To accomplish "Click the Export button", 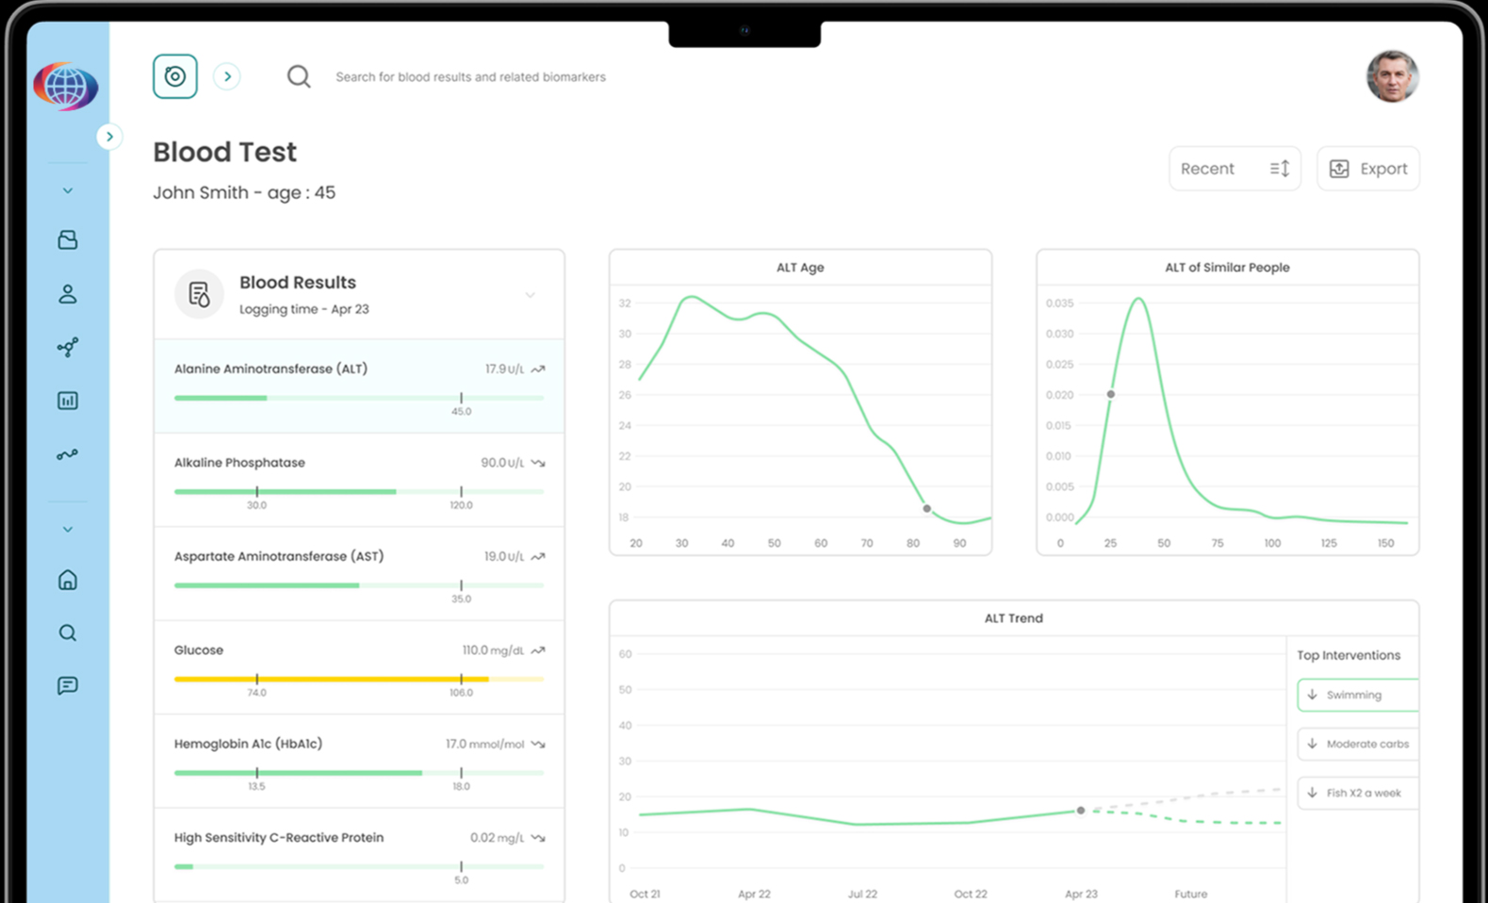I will click(1367, 169).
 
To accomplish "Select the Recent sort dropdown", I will click(1234, 169).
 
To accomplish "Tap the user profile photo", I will click(1392, 76).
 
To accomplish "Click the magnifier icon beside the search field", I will click(299, 76).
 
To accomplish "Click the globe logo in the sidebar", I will click(65, 87).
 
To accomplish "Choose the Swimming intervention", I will click(1357, 695).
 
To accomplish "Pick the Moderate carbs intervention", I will click(1357, 744).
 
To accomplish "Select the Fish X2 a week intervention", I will click(1357, 793).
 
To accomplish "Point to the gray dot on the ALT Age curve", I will click(927, 509).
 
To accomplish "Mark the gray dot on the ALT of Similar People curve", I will click(1111, 394).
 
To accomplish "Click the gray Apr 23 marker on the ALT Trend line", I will click(1081, 811).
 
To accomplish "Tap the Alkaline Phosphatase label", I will click(239, 463).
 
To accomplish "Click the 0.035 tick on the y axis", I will click(1059, 304).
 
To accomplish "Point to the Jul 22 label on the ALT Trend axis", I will click(862, 894).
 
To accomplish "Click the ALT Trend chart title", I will click(1013, 618).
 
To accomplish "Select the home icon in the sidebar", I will click(68, 580).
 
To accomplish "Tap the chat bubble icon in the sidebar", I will click(68, 685).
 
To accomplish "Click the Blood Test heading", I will click(224, 152).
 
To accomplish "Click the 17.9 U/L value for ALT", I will click(504, 369).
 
